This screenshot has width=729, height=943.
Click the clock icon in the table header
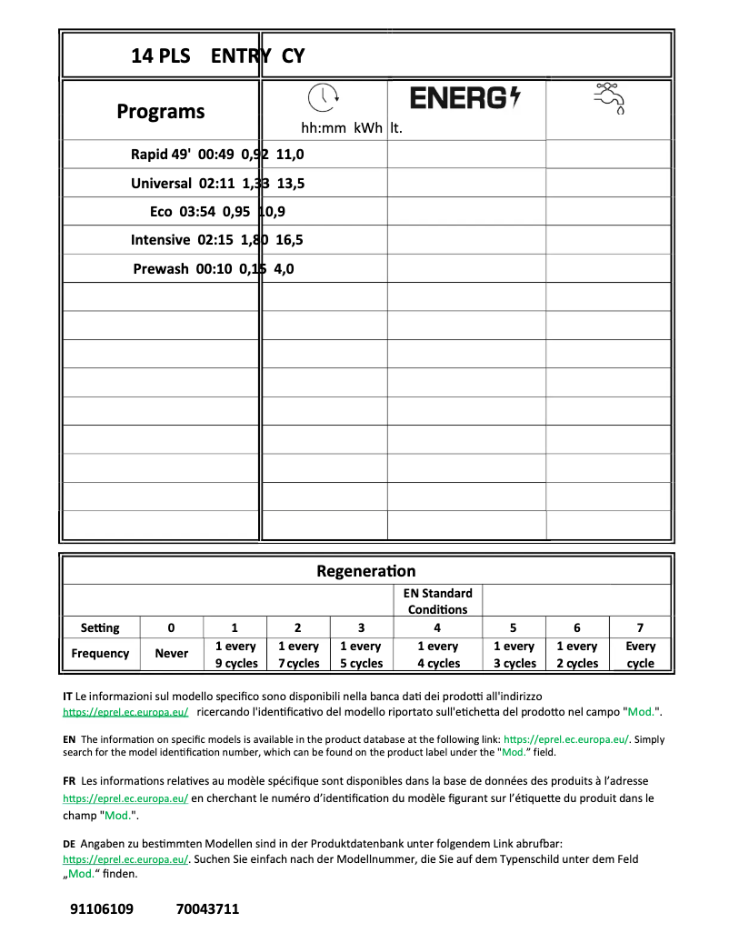coord(323,96)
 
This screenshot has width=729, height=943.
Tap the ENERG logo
coord(465,98)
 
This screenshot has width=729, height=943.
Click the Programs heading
coord(161,112)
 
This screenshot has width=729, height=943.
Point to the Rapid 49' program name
coord(161,155)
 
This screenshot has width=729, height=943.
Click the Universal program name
coord(161,183)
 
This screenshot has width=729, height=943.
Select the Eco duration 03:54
coord(199,212)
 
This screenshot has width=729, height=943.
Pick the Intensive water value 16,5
coord(290,240)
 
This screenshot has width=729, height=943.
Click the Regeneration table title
coord(365,571)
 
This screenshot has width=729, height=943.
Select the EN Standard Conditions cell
coord(437,601)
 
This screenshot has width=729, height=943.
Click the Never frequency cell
coord(172,654)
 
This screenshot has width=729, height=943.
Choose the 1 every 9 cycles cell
coord(235,655)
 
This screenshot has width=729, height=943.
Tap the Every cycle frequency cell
coord(640,655)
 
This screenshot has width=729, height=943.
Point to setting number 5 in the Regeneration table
coord(513,627)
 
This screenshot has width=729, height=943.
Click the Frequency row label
coord(100,654)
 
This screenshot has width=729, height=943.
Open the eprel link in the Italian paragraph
coord(125,712)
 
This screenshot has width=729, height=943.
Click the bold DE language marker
coord(69,844)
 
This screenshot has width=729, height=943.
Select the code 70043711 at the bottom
coord(207,908)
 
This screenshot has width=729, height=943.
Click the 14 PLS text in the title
coord(161,56)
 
